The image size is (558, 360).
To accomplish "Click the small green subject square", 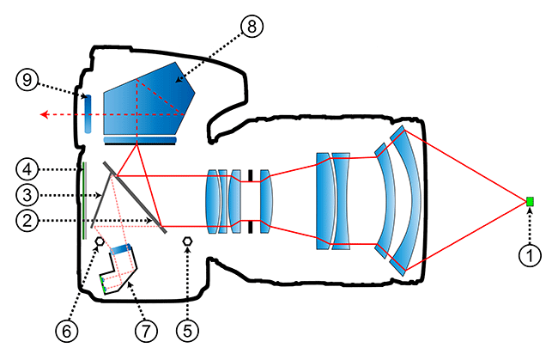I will pyautogui.click(x=530, y=202).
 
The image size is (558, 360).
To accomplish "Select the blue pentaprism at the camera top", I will pyautogui.click(x=146, y=99).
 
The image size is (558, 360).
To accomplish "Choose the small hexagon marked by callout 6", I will pyautogui.click(x=100, y=243).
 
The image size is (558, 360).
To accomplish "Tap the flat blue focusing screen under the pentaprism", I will pyautogui.click(x=140, y=139).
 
